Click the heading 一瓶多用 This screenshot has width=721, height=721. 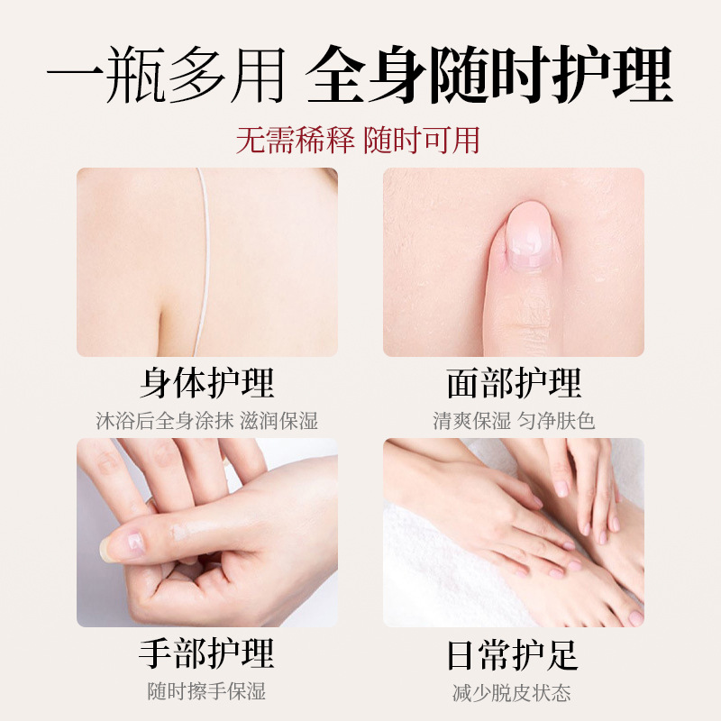(166, 75)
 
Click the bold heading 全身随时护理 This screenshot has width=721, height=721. (489, 75)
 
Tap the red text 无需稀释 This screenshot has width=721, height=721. (295, 141)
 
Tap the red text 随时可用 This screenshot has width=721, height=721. (422, 141)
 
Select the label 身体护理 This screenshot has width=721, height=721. (207, 382)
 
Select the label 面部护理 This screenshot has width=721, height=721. (514, 382)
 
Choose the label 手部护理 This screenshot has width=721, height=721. (207, 653)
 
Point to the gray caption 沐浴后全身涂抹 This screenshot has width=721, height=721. (165, 421)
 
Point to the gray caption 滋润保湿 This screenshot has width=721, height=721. (279, 421)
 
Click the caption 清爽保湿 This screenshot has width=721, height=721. (471, 421)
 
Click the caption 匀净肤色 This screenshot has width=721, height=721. (556, 421)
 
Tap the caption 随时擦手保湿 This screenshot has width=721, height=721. (207, 691)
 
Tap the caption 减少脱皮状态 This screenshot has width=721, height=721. (512, 693)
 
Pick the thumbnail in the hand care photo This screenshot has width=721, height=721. (121, 545)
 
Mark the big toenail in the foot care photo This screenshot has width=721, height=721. (636, 617)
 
